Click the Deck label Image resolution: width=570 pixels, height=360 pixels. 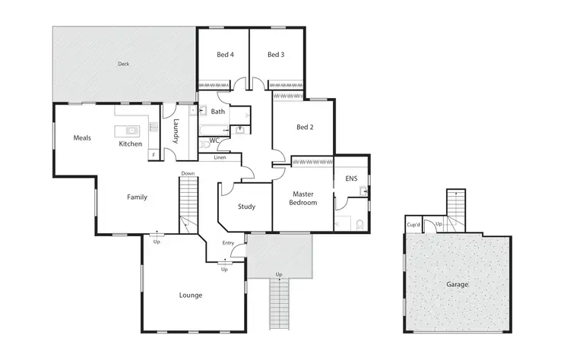(x=123, y=64)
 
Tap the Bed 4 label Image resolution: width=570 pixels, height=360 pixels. (x=224, y=55)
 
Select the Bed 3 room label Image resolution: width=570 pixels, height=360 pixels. (x=276, y=55)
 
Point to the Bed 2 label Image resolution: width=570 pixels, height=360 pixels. (x=304, y=127)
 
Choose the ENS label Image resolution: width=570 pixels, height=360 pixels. (x=351, y=179)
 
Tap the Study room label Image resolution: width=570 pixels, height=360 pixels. (x=246, y=207)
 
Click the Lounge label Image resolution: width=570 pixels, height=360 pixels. (x=191, y=295)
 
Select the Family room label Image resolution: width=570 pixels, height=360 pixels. (x=137, y=197)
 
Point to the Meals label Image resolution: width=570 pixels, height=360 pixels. (x=82, y=138)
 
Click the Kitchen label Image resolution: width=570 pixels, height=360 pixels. (x=130, y=144)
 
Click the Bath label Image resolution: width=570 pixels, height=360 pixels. (x=218, y=112)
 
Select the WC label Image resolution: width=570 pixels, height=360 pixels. (x=214, y=140)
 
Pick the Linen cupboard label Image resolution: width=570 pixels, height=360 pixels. (x=220, y=157)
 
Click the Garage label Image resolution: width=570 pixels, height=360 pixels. (x=458, y=285)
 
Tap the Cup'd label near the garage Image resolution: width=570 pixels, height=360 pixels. (x=413, y=225)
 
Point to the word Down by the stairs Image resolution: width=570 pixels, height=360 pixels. (x=188, y=173)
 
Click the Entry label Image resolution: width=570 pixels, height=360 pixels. (x=228, y=243)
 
